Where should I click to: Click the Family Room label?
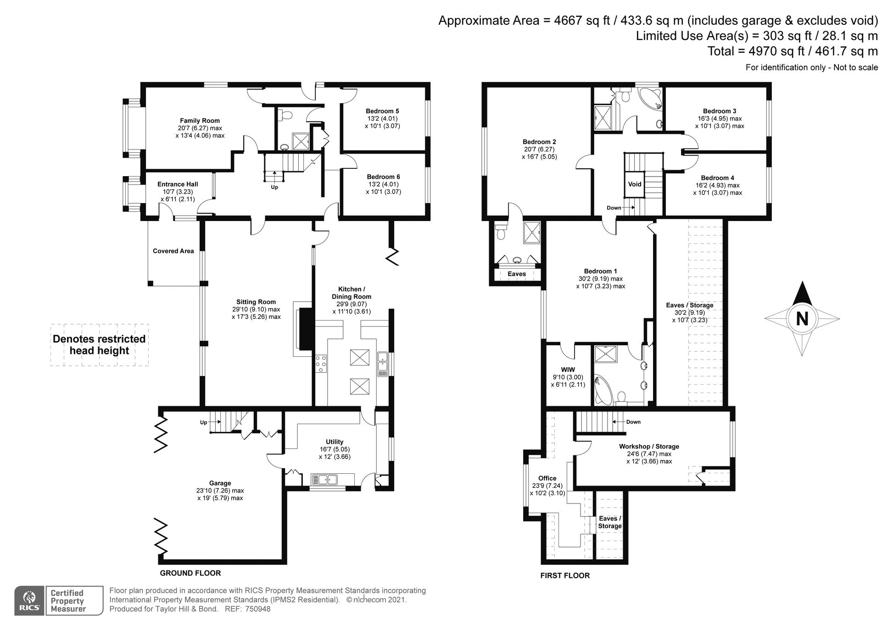click(200, 121)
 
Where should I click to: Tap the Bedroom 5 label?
click(382, 111)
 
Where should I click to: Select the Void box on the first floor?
click(635, 184)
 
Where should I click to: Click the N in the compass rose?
click(802, 318)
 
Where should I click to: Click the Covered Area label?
click(173, 251)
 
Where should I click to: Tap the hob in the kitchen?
click(321, 364)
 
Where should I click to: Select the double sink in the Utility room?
click(324, 480)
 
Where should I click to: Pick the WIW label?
click(568, 370)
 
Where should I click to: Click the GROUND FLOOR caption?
click(190, 573)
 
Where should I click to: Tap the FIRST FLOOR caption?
click(565, 576)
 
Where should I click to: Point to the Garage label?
click(220, 483)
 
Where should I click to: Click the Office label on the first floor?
click(547, 478)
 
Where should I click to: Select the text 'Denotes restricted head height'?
click(99, 345)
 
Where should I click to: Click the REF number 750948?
click(258, 609)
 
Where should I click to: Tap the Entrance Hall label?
click(178, 184)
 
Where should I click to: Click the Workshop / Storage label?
click(649, 446)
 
